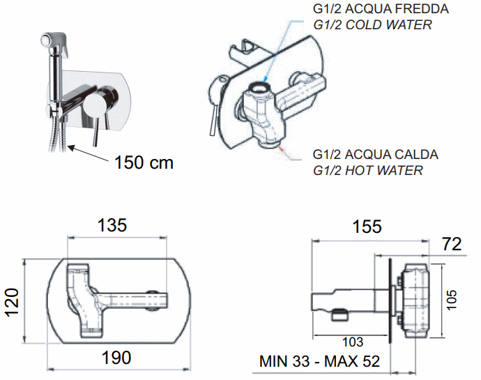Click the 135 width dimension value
pyautogui.click(x=112, y=225)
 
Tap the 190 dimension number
pyautogui.click(x=116, y=357)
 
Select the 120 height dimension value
pyautogui.click(x=12, y=303)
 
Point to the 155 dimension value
pyautogui.click(x=367, y=227)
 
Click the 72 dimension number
pyautogui.click(x=452, y=244)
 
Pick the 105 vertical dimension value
pyautogui.click(x=452, y=300)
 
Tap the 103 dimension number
pyautogui.click(x=353, y=342)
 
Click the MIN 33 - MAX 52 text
pyautogui.click(x=320, y=361)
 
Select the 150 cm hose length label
pyautogui.click(x=144, y=162)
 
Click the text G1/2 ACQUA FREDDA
pyautogui.click(x=381, y=8)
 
